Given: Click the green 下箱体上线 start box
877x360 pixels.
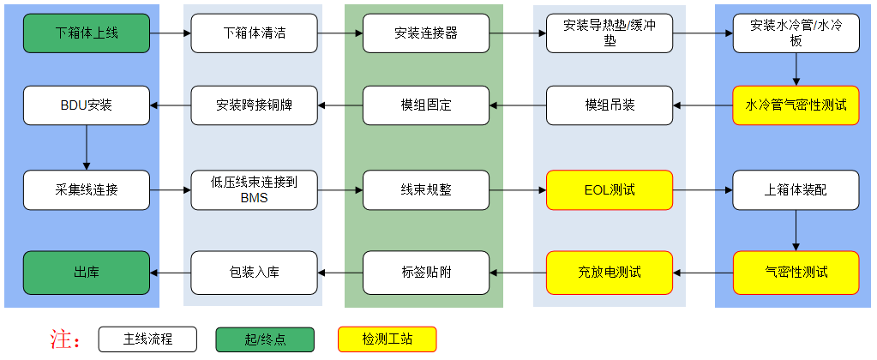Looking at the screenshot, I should [x=86, y=33].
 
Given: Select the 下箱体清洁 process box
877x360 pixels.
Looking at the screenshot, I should [x=254, y=33].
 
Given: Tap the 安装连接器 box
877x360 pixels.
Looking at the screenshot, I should [x=425, y=33].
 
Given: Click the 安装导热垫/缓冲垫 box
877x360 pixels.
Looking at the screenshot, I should [x=610, y=33].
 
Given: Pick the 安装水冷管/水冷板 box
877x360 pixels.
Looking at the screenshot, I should [x=796, y=33].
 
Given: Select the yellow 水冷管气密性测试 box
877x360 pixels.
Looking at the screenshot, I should [x=796, y=105].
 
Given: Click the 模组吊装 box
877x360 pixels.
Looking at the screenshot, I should [x=610, y=105].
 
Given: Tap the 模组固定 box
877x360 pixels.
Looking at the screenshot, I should [x=425, y=105].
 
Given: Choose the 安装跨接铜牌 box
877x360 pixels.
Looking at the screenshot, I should [x=254, y=105].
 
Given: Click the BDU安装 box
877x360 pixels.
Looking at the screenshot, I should [x=86, y=105].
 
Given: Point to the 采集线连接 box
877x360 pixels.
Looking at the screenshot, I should [x=86, y=189].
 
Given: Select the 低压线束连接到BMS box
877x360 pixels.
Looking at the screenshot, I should [x=254, y=189].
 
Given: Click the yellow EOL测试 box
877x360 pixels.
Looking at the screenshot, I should [x=610, y=189].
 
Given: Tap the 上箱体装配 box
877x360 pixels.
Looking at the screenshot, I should [x=796, y=189].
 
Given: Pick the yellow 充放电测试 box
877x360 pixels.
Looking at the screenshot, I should [x=610, y=273].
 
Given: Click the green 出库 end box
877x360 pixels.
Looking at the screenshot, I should [x=86, y=273].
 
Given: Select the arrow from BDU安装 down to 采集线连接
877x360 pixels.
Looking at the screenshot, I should [x=86, y=147].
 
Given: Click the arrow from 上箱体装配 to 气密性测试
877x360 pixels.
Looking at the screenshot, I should [x=796, y=231].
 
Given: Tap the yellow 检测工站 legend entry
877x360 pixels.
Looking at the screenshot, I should [x=387, y=339].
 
